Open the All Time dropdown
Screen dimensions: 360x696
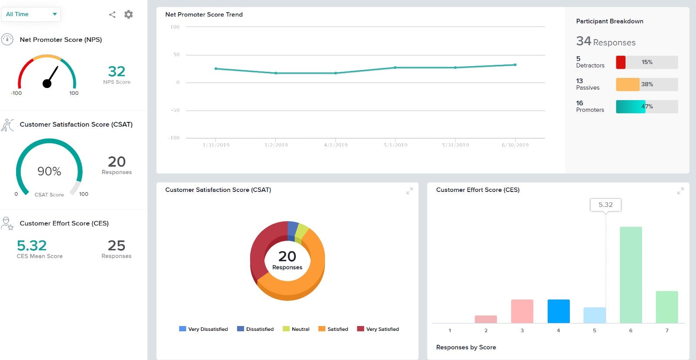31,14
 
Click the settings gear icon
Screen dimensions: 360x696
128,14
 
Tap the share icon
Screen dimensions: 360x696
112,14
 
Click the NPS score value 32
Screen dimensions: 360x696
117,71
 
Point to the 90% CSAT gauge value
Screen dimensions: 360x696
49,171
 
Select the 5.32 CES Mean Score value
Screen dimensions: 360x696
32,246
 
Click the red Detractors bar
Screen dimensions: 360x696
621,62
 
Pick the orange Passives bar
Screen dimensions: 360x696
627,84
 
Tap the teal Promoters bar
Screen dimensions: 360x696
630,107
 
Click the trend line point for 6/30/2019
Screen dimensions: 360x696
515,65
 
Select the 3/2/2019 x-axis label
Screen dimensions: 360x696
276,145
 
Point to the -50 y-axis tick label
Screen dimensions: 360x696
175,110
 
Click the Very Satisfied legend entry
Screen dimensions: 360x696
378,329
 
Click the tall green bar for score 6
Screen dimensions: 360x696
630,274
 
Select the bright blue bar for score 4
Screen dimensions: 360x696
558,311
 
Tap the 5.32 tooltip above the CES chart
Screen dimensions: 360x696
605,205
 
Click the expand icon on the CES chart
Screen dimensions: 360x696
680,191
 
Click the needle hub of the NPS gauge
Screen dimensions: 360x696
47,83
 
